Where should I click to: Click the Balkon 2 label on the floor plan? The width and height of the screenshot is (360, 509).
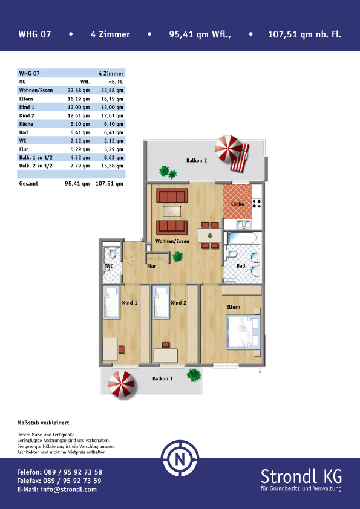pyautogui.click(x=197, y=160)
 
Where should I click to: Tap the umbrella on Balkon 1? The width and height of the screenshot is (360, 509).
pyautogui.click(x=121, y=384)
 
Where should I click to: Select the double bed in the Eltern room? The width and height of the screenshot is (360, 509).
pyautogui.click(x=243, y=332)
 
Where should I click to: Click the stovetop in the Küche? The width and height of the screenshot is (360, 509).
pyautogui.click(x=257, y=204)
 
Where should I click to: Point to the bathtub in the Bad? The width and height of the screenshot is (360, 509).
pyautogui.click(x=242, y=238)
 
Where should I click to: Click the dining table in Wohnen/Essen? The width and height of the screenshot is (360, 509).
pyautogui.click(x=210, y=235)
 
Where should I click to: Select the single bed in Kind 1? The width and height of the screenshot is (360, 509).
pyautogui.click(x=111, y=303)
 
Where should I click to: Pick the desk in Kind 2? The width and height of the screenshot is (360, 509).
pyautogui.click(x=166, y=355)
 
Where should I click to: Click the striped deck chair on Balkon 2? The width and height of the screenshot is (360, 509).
pyautogui.click(x=240, y=157)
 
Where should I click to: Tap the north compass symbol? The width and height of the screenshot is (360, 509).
pyautogui.click(x=180, y=458)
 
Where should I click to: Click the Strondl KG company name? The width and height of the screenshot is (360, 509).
pyautogui.click(x=301, y=476)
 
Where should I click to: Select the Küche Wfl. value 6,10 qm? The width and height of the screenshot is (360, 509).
pyautogui.click(x=79, y=124)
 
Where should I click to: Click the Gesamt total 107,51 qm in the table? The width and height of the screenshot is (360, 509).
pyautogui.click(x=109, y=183)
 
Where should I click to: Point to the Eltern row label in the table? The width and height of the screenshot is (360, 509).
pyautogui.click(x=26, y=99)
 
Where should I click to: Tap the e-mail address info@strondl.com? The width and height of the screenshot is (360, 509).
pyautogui.click(x=68, y=490)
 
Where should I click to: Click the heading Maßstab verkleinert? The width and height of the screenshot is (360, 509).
pyautogui.click(x=43, y=423)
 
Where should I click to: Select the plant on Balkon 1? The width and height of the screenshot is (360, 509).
pyautogui.click(x=194, y=375)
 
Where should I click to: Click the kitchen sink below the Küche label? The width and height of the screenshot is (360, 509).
pyautogui.click(x=244, y=224)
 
